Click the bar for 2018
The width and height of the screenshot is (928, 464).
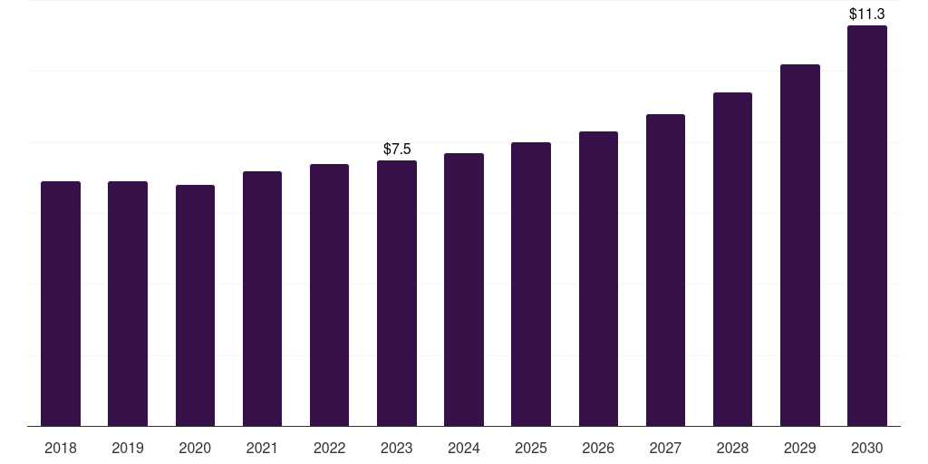(x=61, y=304)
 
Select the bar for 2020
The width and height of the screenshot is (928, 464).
(x=195, y=305)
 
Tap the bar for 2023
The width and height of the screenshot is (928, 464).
(x=397, y=293)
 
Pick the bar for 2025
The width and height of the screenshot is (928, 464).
(x=531, y=284)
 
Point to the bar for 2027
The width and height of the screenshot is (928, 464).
(x=665, y=270)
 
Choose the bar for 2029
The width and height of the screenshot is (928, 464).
(x=800, y=245)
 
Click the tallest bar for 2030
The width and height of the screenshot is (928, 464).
(x=867, y=226)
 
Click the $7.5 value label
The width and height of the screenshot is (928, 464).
(x=397, y=149)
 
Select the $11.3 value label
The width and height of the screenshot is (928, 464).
(x=867, y=14)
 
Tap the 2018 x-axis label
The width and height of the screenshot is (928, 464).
(x=61, y=448)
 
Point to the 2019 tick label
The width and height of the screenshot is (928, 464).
(x=128, y=448)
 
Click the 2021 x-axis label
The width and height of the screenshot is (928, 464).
(x=262, y=448)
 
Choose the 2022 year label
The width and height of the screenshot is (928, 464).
(x=330, y=448)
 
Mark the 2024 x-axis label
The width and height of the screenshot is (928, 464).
(x=464, y=448)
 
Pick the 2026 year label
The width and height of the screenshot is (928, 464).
(x=598, y=448)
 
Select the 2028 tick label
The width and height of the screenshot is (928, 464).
(x=732, y=448)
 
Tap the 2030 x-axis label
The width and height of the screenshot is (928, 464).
(x=867, y=448)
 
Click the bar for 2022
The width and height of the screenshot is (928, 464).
(x=330, y=295)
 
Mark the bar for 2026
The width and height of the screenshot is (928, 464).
(x=598, y=278)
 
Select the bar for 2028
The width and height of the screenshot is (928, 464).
(x=732, y=259)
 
